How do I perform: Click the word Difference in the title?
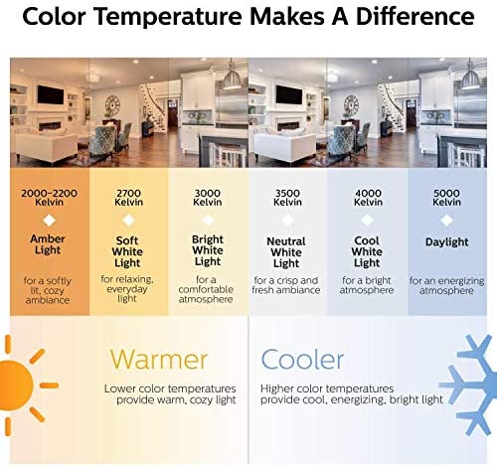pyautogui.click(x=414, y=17)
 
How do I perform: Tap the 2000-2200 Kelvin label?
pyautogui.click(x=49, y=198)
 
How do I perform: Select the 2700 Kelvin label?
pyautogui.click(x=128, y=198)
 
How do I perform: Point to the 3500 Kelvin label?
pyautogui.click(x=287, y=198)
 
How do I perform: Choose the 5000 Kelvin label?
pyautogui.click(x=446, y=198)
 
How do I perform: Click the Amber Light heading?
pyautogui.click(x=48, y=244)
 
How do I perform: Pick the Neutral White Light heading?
pyautogui.click(x=286, y=252)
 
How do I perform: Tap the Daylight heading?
pyautogui.click(x=446, y=242)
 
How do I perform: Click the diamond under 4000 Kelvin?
pyautogui.click(x=367, y=220)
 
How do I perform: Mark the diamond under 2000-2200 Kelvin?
pyautogui.click(x=49, y=221)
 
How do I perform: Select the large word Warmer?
pyautogui.click(x=159, y=360)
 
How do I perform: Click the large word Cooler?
pyautogui.click(x=302, y=360)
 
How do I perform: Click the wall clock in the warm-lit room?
pyautogui.click(x=112, y=105)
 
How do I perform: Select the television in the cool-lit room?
pyautogui.click(x=289, y=94)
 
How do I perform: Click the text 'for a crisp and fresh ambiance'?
pyautogui.click(x=286, y=285)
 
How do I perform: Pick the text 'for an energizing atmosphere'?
pyautogui.click(x=446, y=285)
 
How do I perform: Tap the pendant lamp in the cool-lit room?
pyautogui.click(x=470, y=77)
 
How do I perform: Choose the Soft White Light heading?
pyautogui.click(x=127, y=251)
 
